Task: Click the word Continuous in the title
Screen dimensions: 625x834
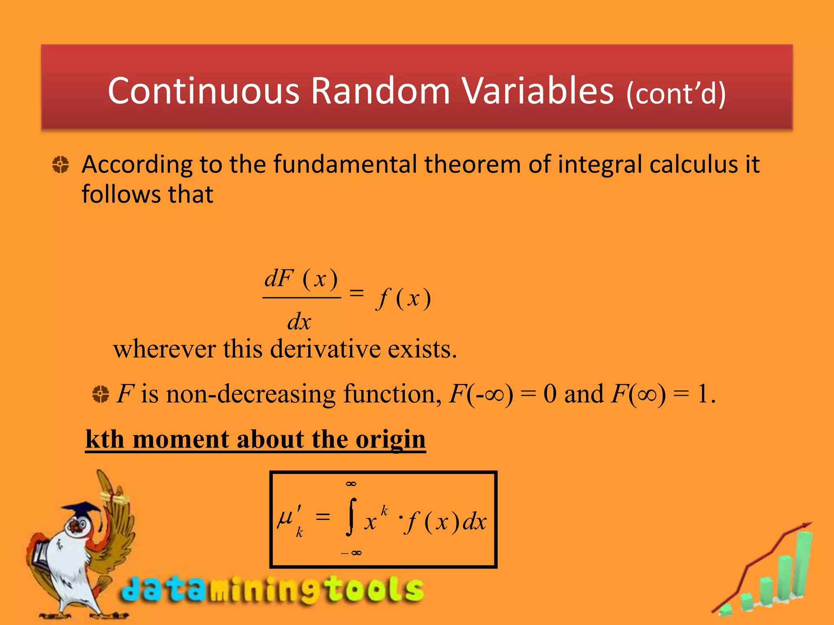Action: tap(204, 91)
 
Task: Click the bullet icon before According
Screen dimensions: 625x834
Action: tap(61, 164)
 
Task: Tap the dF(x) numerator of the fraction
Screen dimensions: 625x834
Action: tap(301, 279)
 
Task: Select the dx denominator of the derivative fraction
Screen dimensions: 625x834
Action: tap(299, 322)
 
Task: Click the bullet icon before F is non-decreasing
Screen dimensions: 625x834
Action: tap(101, 394)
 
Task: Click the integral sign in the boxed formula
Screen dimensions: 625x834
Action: tap(351, 517)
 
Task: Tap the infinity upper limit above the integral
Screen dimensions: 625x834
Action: tap(351, 484)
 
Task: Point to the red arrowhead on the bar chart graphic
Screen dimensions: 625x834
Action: tap(806, 525)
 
